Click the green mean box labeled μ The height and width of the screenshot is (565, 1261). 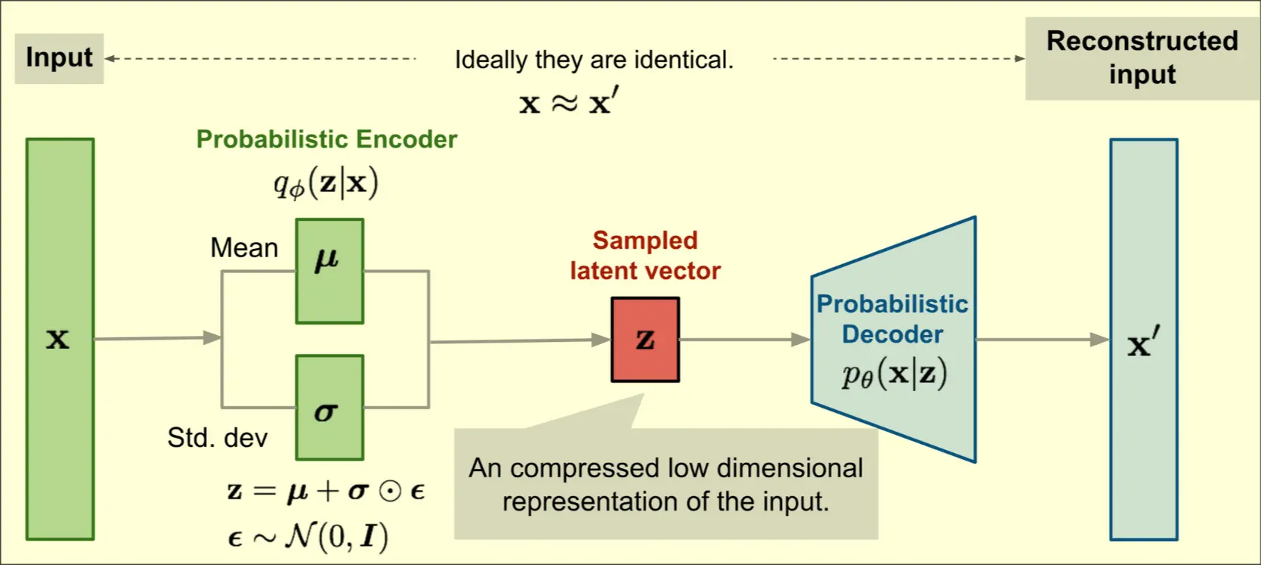point(329,271)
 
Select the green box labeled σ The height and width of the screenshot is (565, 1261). point(329,408)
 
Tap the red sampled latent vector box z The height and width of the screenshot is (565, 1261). point(645,340)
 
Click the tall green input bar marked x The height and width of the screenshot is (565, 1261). point(60,339)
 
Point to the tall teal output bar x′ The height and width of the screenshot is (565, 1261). point(1143,340)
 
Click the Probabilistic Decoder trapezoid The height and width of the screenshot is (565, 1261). point(893,340)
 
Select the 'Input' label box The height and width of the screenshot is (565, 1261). point(59,58)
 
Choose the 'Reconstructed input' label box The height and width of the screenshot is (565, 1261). point(1142,58)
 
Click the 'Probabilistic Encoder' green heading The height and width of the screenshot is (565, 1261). point(326,139)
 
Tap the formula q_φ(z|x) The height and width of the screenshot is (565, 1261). point(326,184)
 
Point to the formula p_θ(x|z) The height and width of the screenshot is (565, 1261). point(895,374)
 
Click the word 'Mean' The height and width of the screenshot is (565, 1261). point(244,248)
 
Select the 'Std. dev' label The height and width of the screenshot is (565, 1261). point(218,438)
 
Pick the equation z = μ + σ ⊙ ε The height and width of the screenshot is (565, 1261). point(326,492)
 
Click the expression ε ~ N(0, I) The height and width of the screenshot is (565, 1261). point(308,537)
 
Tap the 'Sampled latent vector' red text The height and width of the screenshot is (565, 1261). point(645,256)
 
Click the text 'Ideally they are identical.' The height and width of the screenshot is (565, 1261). point(594,60)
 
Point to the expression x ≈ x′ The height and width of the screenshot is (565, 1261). point(569,102)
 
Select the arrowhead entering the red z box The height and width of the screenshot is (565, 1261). point(601,340)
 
